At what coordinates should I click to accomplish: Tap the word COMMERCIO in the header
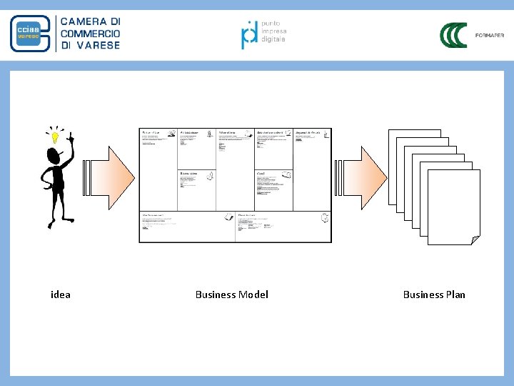90,34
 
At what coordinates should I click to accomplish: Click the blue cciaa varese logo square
29,34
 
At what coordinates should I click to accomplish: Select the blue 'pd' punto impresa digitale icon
249,34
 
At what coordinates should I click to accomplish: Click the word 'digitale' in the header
273,39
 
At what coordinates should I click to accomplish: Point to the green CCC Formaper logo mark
453,35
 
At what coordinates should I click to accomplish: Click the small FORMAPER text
490,35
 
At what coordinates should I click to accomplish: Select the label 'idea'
61,295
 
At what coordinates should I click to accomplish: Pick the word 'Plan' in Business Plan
455,295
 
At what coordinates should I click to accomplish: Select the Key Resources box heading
188,173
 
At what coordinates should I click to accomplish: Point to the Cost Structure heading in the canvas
153,215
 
